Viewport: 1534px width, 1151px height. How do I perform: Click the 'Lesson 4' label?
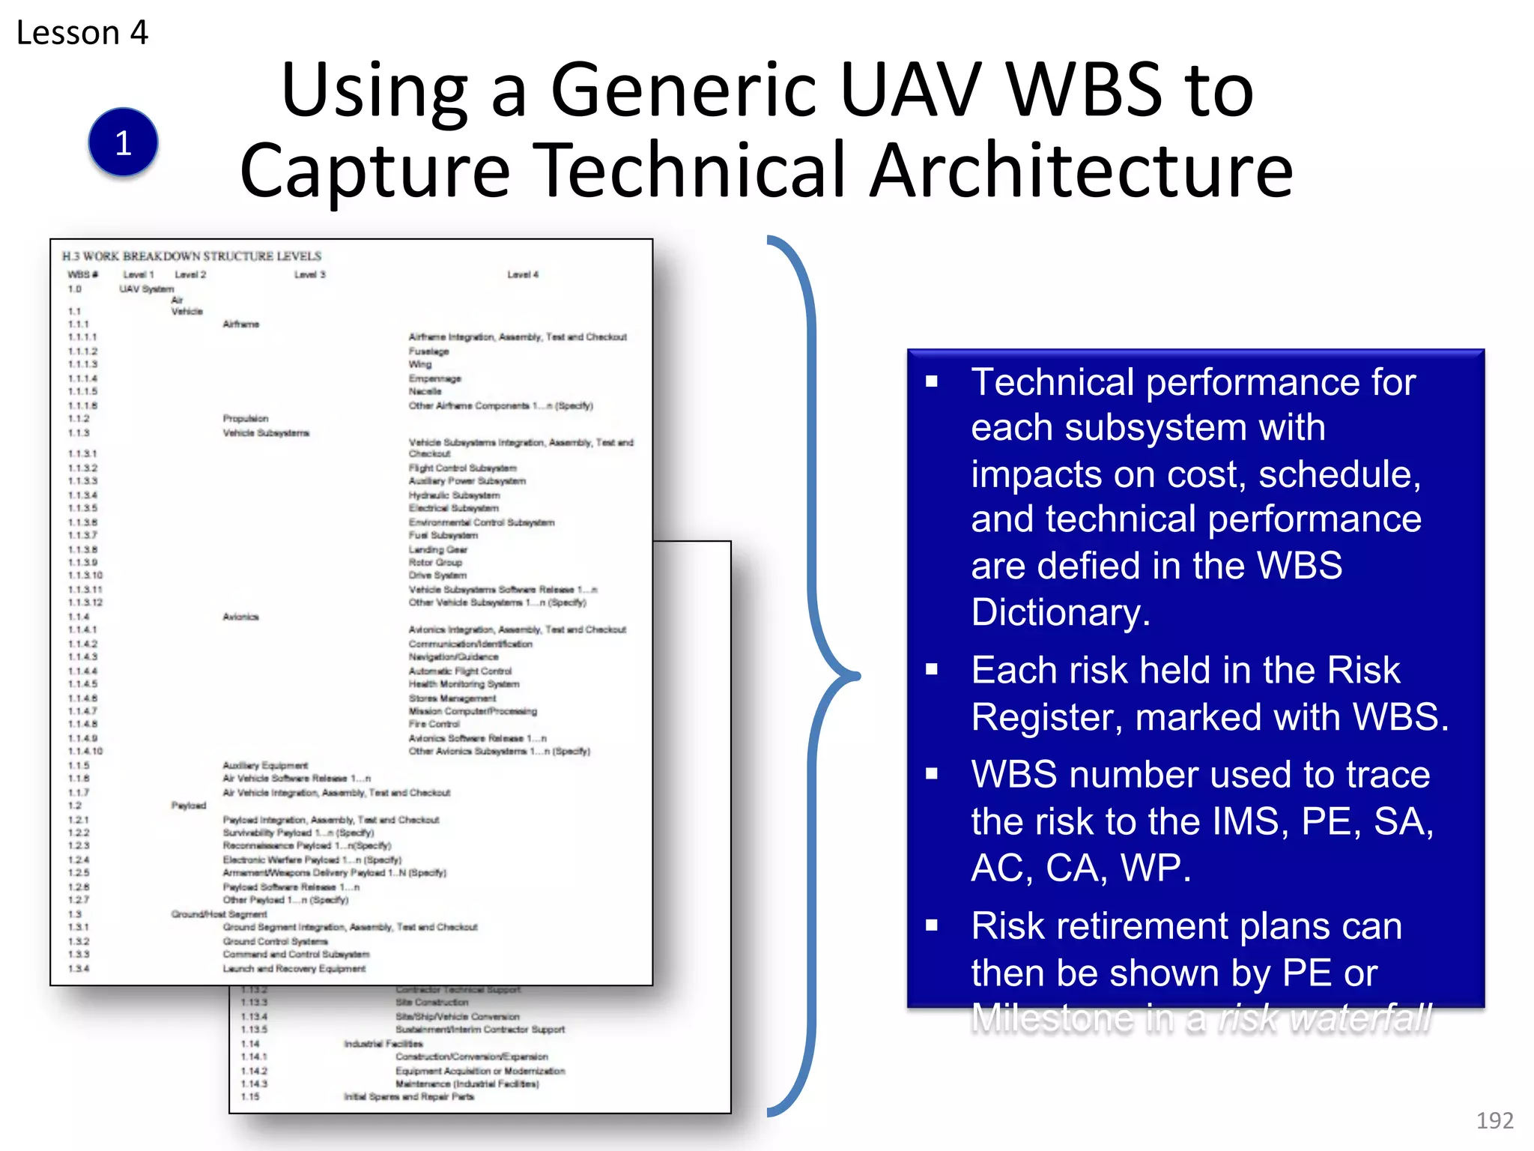(82, 33)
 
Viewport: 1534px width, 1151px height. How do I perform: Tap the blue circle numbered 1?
(123, 142)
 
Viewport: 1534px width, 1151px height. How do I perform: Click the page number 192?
(1494, 1120)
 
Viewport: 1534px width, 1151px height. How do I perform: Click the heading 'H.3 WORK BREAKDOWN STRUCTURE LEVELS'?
(192, 256)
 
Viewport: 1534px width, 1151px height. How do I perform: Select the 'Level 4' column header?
(522, 275)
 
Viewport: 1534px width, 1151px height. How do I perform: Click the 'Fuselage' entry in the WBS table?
(428, 351)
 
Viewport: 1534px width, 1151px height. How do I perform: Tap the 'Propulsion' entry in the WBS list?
(245, 419)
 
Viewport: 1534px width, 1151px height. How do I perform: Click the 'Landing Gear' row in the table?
(437, 549)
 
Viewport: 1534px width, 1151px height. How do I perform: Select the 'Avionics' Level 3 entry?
(240, 617)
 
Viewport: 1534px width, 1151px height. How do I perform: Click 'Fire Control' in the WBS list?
(434, 724)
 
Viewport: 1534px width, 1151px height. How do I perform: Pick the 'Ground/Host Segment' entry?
(219, 914)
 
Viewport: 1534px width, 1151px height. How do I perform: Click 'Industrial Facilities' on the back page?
(383, 1044)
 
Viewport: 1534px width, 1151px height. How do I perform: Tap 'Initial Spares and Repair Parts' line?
(408, 1097)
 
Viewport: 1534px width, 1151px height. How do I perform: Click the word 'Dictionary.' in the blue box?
(1060, 612)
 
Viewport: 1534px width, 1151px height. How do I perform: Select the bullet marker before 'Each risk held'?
(932, 669)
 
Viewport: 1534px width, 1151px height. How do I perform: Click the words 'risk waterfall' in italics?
(1324, 1018)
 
